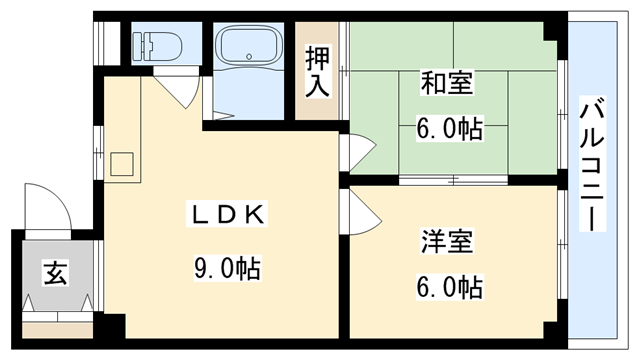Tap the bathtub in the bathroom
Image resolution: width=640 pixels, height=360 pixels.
[x=250, y=48]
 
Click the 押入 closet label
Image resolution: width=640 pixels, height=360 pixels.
[x=317, y=71]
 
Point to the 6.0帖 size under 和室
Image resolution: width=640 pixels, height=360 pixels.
[x=449, y=127]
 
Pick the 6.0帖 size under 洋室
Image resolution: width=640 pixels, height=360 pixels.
[x=449, y=288]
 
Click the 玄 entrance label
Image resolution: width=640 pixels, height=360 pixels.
[x=54, y=273]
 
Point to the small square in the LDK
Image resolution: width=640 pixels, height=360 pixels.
[x=124, y=162]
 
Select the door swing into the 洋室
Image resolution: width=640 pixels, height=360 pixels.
[x=359, y=209]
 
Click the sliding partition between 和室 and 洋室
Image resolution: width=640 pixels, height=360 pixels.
[x=453, y=180]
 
